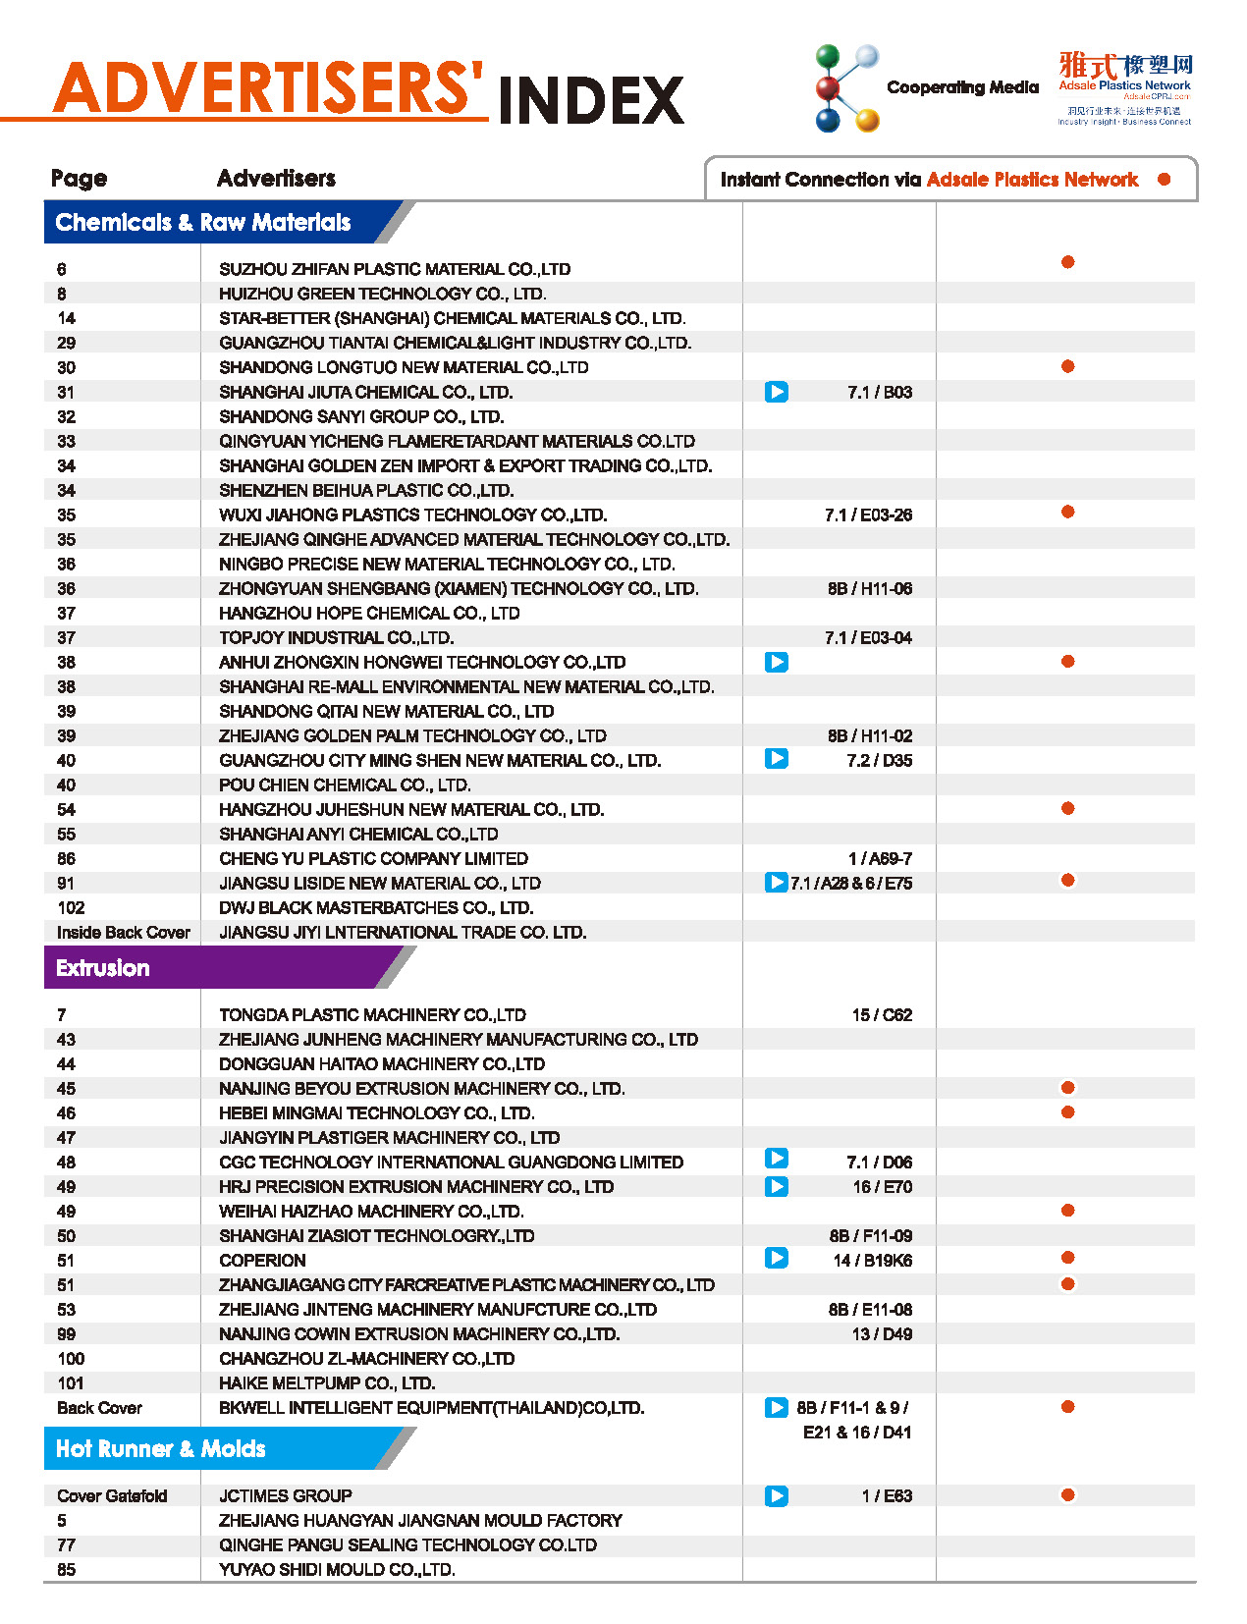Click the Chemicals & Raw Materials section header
(203, 223)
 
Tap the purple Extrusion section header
(103, 968)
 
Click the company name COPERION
(262, 1261)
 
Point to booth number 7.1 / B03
(880, 393)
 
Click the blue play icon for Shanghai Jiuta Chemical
(777, 393)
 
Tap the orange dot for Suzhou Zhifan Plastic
(1067, 262)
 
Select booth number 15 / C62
(882, 1015)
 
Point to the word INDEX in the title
(591, 100)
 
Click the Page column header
(79, 179)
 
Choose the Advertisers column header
(276, 179)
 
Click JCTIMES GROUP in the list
(286, 1496)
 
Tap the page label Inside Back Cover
(124, 933)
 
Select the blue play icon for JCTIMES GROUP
(777, 1496)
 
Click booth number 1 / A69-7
(880, 859)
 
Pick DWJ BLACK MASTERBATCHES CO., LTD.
(376, 908)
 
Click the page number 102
(71, 908)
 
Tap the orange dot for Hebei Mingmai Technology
(1067, 1112)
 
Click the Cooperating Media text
(962, 87)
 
